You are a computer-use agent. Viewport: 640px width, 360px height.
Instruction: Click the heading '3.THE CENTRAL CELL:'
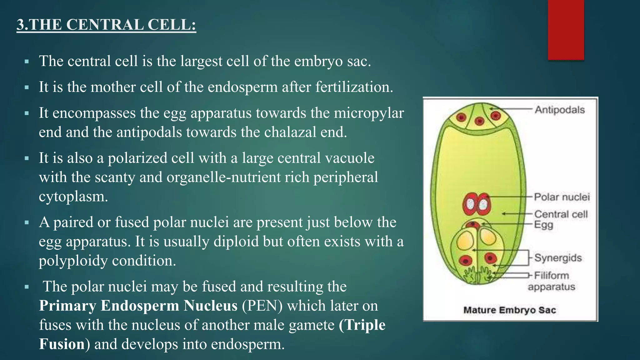[106, 25]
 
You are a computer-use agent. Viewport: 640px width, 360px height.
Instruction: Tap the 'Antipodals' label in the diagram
[559, 110]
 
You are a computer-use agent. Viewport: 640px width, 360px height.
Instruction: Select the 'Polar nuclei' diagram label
[562, 197]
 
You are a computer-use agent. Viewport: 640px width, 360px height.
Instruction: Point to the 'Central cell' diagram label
[561, 214]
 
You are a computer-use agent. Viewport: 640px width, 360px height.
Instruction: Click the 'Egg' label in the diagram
[543, 224]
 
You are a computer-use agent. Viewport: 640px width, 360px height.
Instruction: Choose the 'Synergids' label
[558, 258]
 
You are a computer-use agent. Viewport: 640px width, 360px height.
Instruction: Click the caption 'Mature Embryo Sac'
[509, 310]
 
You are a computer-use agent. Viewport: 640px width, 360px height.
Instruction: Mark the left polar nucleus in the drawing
[470, 205]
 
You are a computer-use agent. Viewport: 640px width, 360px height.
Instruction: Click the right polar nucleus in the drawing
[483, 205]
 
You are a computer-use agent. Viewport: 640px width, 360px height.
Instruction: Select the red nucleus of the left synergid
[466, 260]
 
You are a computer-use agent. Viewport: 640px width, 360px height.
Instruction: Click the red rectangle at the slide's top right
[566, 30]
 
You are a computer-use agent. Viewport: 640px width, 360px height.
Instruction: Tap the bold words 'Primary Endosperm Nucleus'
[138, 306]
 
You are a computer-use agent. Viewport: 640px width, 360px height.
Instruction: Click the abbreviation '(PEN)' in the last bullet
[262, 306]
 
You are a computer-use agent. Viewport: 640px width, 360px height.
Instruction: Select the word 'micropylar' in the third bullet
[369, 113]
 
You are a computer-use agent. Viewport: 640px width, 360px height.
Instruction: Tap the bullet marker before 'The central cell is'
[27, 62]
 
